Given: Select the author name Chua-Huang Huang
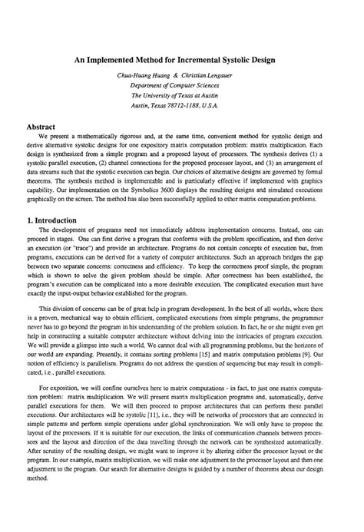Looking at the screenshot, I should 142,76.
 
